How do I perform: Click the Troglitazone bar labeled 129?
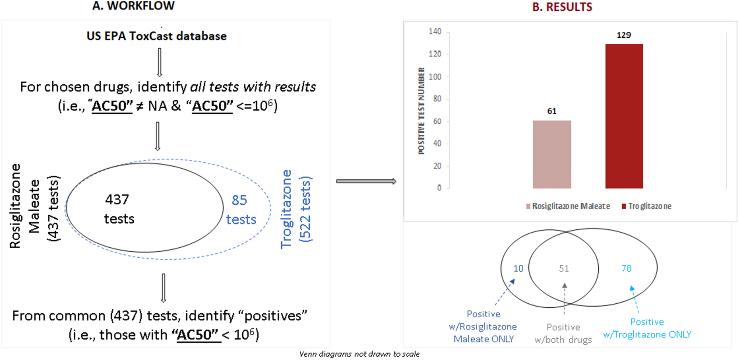[624, 116]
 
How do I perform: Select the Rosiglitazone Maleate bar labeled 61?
[552, 154]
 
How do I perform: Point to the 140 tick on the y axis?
[435, 32]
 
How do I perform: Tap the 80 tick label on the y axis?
[437, 99]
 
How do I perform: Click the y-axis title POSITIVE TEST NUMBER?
[421, 110]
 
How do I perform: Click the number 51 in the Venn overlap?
[564, 268]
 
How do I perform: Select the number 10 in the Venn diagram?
[518, 268]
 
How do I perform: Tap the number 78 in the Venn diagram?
[626, 268]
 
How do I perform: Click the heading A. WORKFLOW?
[133, 6]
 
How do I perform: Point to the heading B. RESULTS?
[562, 7]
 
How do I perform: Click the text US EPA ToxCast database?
[156, 36]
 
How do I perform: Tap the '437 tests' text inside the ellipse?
[118, 209]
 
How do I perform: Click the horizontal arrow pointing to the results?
[366, 181]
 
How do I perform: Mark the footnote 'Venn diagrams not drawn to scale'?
[359, 354]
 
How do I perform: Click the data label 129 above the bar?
[624, 35]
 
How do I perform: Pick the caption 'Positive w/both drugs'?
[563, 333]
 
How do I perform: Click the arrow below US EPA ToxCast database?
[159, 62]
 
